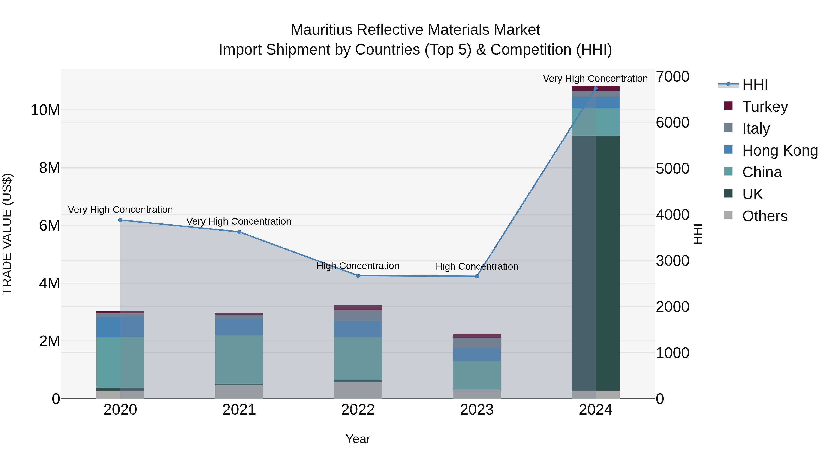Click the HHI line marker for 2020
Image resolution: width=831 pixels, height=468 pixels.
120,220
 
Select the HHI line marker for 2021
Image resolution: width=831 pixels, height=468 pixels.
239,232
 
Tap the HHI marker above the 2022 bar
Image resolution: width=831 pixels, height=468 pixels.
358,275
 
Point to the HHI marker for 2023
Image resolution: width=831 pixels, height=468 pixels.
477,276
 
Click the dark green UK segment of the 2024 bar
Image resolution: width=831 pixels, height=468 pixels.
596,263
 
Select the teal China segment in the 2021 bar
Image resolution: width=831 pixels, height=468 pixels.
239,359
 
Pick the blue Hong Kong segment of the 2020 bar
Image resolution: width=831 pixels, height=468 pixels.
120,327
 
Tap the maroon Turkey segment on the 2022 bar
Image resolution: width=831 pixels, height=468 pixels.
358,308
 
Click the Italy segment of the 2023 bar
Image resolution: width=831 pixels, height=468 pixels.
477,343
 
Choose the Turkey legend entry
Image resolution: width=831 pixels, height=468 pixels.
765,107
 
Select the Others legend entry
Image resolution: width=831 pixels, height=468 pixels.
764,216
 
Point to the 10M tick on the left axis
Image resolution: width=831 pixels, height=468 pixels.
45,110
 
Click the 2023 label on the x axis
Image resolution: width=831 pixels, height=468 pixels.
477,410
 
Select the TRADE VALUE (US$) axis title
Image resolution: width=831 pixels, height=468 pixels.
7,234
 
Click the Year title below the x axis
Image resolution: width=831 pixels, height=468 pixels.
358,439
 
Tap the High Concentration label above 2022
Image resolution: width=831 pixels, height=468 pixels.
358,266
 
